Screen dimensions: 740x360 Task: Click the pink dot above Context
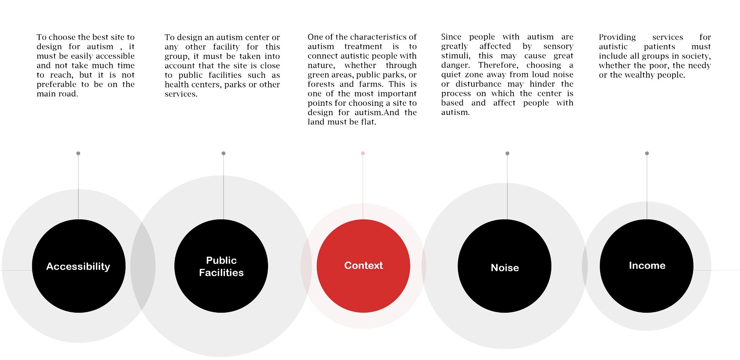tap(363, 153)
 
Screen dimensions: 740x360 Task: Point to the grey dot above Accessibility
tap(78, 153)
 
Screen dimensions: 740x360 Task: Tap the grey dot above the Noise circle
tap(507, 153)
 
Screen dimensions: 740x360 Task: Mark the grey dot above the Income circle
tap(647, 153)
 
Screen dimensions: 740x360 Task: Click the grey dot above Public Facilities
tap(223, 153)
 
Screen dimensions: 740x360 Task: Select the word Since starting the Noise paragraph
tap(451, 37)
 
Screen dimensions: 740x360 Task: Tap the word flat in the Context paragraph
tap(368, 122)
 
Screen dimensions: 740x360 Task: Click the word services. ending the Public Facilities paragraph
tap(181, 94)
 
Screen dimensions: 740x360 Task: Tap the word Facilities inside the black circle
tap(221, 273)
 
